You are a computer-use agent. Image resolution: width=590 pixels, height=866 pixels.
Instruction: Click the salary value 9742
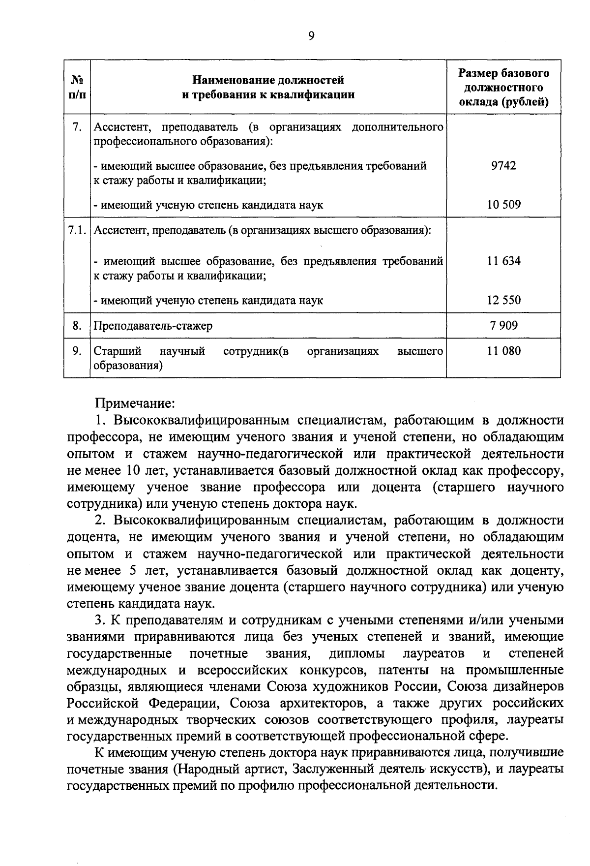[503, 165]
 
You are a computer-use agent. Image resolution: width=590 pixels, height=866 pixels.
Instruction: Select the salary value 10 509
[503, 205]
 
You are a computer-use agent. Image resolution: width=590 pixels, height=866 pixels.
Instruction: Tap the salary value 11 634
[503, 261]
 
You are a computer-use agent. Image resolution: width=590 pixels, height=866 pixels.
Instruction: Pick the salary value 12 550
[503, 300]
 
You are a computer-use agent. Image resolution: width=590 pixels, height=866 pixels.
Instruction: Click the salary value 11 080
[503, 351]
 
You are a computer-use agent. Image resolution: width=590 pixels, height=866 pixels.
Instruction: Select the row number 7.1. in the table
[78, 230]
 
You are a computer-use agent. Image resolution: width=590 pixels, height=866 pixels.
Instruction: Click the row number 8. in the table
[77, 325]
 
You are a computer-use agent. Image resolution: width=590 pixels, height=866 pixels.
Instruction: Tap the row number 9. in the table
[77, 351]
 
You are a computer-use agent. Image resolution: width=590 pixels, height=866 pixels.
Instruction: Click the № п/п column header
[77, 87]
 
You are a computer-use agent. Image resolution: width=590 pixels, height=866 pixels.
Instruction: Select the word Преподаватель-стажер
[153, 326]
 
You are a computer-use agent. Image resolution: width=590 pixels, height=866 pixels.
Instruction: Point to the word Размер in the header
[477, 74]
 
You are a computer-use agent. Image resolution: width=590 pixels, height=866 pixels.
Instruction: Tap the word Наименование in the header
[231, 80]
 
